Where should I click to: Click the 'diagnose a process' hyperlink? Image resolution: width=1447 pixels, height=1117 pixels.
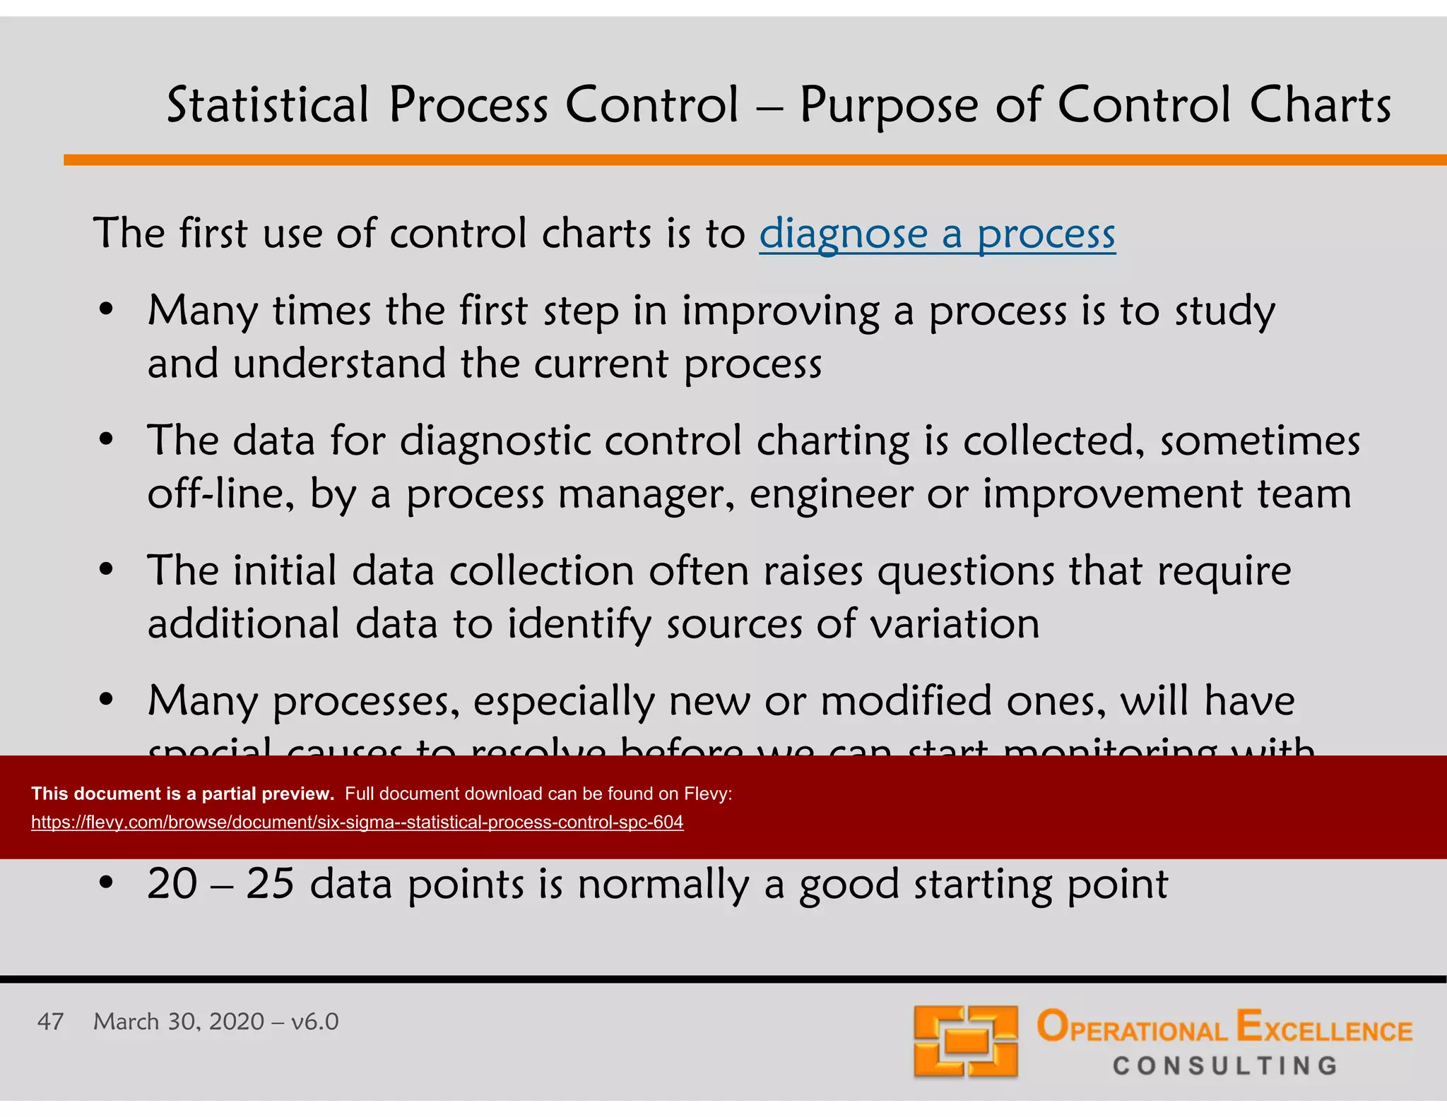[x=937, y=234]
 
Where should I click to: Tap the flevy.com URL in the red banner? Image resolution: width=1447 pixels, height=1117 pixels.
[x=357, y=822]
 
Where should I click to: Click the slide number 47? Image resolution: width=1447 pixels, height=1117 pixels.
[x=50, y=1022]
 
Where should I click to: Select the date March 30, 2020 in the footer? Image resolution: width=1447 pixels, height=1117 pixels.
[x=179, y=1022]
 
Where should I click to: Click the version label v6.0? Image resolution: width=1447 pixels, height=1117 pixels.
[x=315, y=1022]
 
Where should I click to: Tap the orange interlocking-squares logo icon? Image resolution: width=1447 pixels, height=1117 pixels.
[x=965, y=1041]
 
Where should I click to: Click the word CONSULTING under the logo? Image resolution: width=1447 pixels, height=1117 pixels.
[x=1225, y=1065]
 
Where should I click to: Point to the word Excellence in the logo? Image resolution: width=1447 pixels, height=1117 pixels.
[x=1324, y=1028]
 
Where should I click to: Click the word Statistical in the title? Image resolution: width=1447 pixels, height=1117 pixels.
[x=268, y=105]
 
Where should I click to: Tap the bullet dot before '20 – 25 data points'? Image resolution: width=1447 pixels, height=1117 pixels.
[x=106, y=883]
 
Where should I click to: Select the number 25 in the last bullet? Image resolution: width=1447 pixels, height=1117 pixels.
[x=270, y=883]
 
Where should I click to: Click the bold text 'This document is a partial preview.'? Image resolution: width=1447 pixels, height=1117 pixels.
[x=182, y=794]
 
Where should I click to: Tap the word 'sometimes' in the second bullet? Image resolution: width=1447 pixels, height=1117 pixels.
[x=1260, y=441]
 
